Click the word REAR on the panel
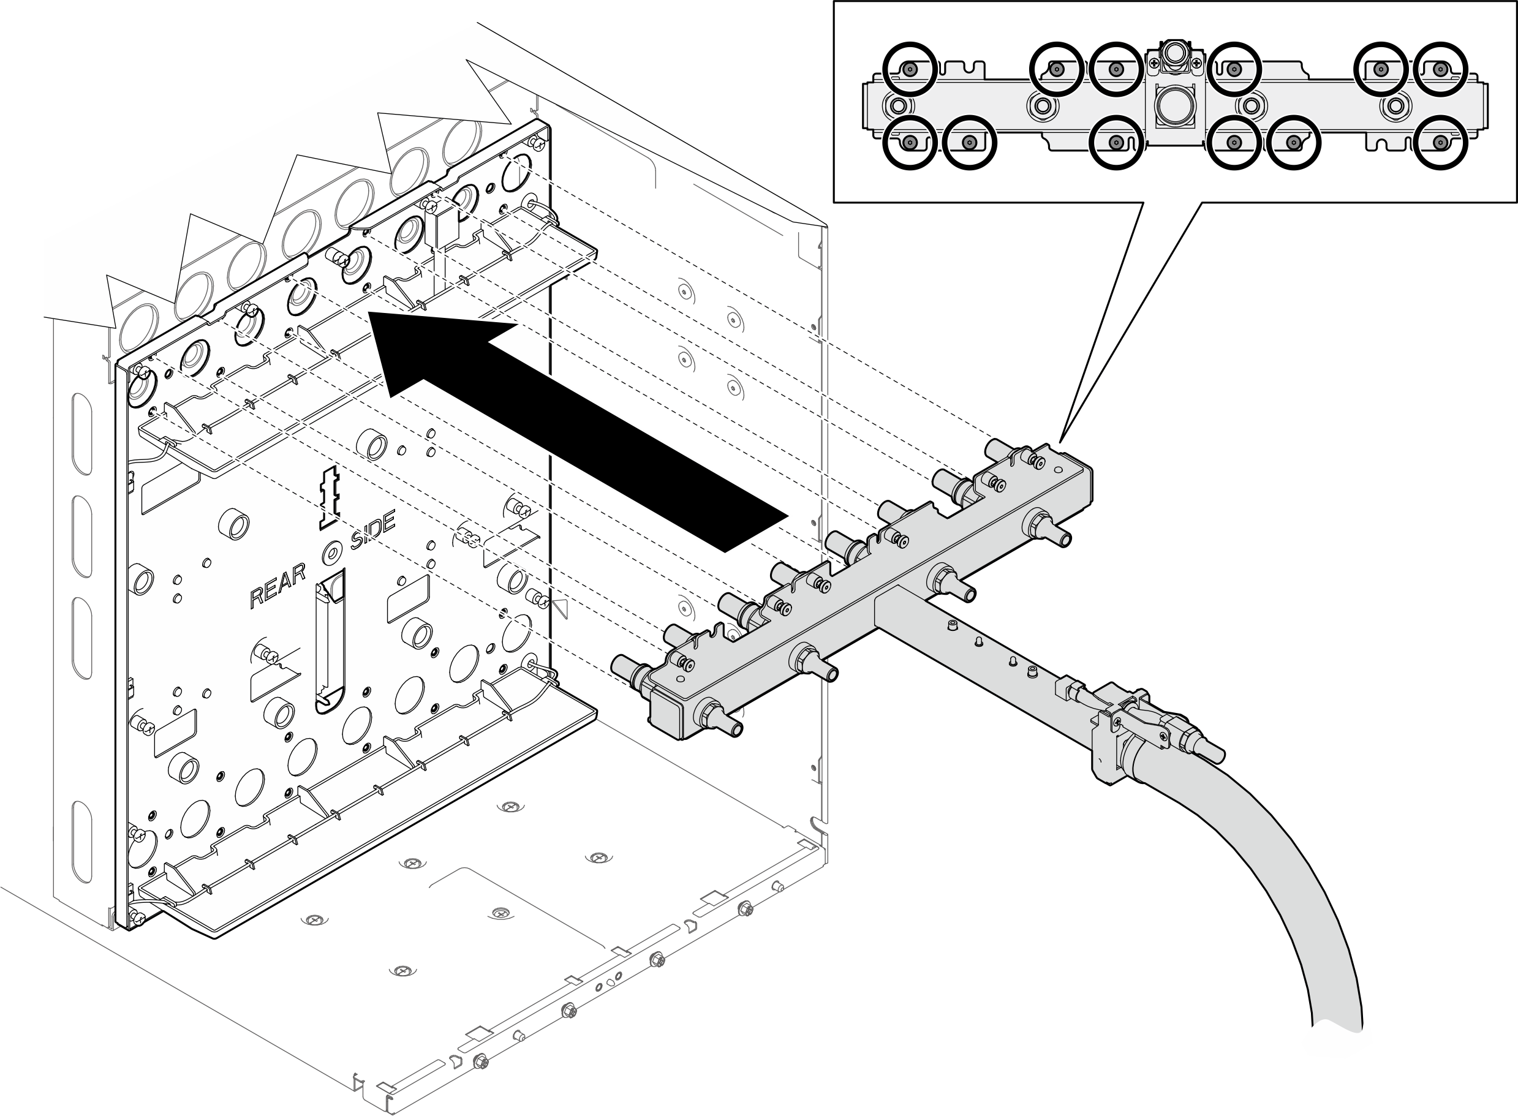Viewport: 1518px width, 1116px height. click(x=277, y=586)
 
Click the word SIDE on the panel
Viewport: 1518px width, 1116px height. click(x=372, y=531)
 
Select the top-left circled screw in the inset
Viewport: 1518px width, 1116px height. click(x=909, y=68)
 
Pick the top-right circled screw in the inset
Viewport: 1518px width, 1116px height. click(x=1440, y=68)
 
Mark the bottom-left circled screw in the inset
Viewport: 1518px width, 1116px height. click(x=909, y=142)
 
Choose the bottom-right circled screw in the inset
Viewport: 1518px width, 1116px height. click(x=1440, y=142)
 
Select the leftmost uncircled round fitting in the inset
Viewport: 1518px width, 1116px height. click(x=899, y=105)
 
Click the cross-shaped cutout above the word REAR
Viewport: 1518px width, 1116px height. click(x=330, y=494)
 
